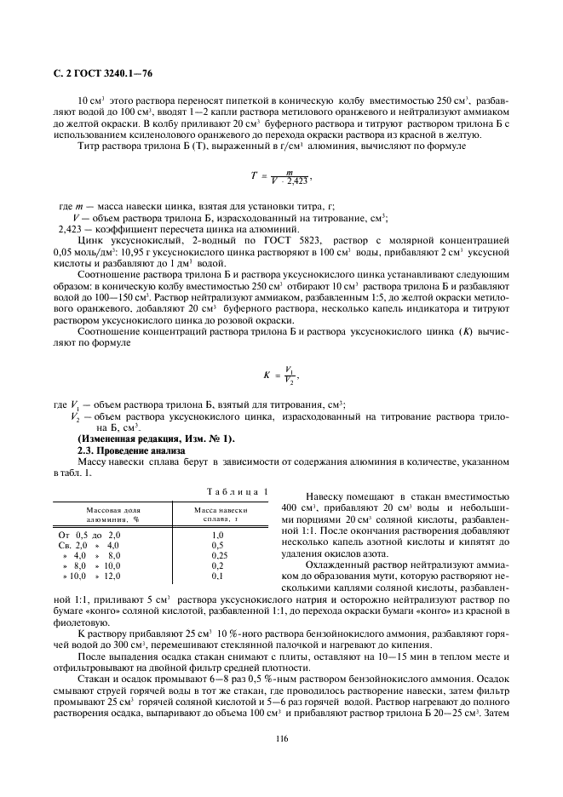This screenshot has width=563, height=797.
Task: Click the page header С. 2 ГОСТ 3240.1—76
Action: tap(103, 76)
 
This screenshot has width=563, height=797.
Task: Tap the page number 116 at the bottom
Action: tap(281, 738)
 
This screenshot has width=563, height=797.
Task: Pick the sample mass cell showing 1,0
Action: tap(217, 534)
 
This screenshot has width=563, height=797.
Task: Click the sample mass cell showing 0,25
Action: tap(217, 554)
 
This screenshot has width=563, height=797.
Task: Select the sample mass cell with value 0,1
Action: tap(217, 576)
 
